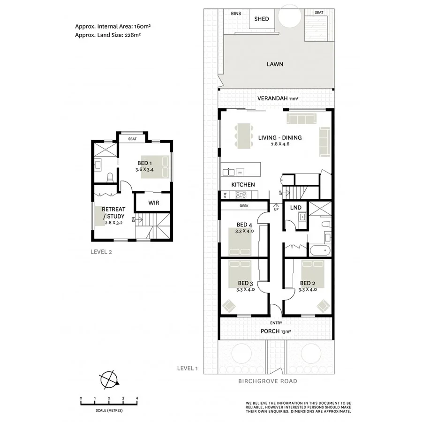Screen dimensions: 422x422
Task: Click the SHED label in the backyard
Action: [x=261, y=19]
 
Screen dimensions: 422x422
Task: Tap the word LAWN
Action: [x=275, y=64]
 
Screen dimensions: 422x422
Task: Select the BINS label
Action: [x=236, y=14]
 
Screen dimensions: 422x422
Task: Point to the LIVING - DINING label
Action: [x=279, y=138]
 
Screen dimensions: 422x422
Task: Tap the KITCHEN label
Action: [x=242, y=185]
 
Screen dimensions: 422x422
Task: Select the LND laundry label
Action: [x=295, y=207]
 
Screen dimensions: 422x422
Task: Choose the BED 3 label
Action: [x=245, y=283]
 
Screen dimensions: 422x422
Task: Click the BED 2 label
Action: [x=307, y=283]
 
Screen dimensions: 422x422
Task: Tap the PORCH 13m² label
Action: [x=277, y=332]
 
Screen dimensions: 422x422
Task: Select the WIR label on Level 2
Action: [x=153, y=203]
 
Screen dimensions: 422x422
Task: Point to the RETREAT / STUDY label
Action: [x=113, y=213]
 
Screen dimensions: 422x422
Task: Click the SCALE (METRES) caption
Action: [x=109, y=410]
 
